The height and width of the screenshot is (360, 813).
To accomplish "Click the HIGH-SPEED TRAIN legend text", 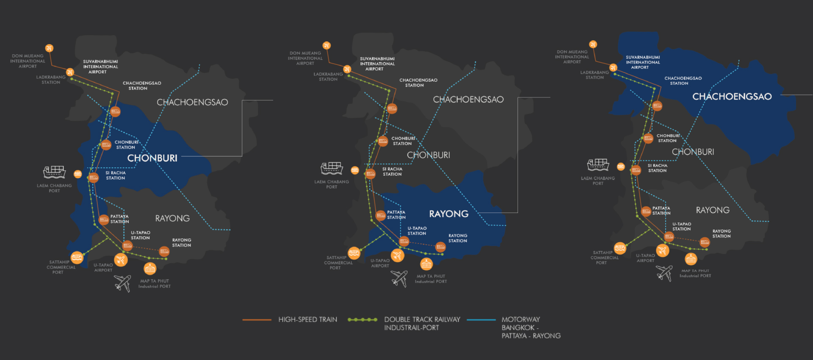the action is click(308, 320).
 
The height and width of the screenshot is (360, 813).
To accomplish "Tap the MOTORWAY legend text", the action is click(521, 320).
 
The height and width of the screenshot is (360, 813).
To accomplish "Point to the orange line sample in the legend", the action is click(257, 320).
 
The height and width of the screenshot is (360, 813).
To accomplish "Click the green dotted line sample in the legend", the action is click(362, 320).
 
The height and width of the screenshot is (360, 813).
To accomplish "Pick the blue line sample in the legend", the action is click(481, 320).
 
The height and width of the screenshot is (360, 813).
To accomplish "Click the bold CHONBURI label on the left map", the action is click(152, 158).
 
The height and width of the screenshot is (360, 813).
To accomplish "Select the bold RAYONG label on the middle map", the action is click(449, 214).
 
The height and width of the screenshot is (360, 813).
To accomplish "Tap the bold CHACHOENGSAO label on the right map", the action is click(732, 97).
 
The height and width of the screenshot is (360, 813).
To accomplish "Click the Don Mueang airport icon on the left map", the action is click(49, 48).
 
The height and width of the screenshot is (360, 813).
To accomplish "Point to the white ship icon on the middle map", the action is click(332, 169).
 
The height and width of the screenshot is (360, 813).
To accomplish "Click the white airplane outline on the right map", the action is click(664, 273).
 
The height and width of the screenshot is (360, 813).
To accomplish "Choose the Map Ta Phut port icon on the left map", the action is click(150, 268).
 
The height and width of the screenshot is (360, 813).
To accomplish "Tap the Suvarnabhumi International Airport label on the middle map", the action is click(377, 64).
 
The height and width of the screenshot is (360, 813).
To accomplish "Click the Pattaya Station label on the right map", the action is click(661, 210).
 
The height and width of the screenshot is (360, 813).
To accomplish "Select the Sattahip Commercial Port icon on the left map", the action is click(77, 258).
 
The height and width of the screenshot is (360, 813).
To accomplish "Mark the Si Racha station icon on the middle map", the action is click(371, 174).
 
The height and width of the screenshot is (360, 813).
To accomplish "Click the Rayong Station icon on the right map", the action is click(705, 242).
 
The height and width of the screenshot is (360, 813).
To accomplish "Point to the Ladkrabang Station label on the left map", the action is click(51, 80).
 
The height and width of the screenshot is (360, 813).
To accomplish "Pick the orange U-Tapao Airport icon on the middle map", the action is click(397, 255).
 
